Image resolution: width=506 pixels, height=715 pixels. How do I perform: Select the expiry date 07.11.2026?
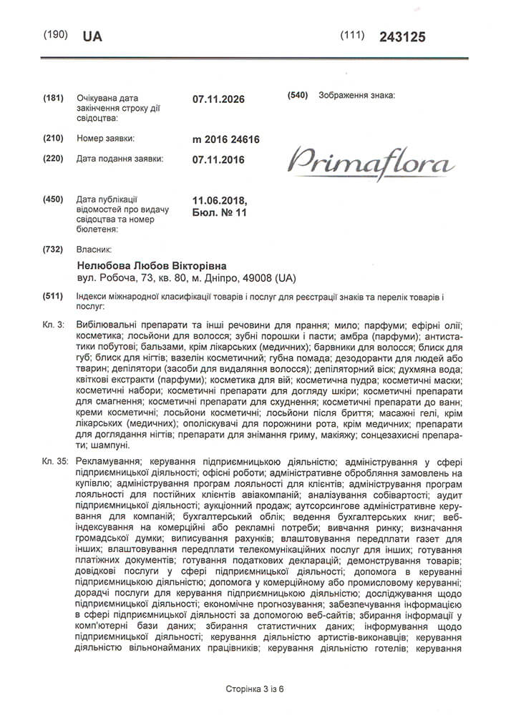pos(218,99)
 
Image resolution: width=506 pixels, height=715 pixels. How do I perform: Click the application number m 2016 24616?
pos(225,139)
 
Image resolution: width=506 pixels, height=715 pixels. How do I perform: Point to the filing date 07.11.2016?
pos(218,159)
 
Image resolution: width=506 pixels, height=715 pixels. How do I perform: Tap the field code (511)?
pos(54,296)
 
